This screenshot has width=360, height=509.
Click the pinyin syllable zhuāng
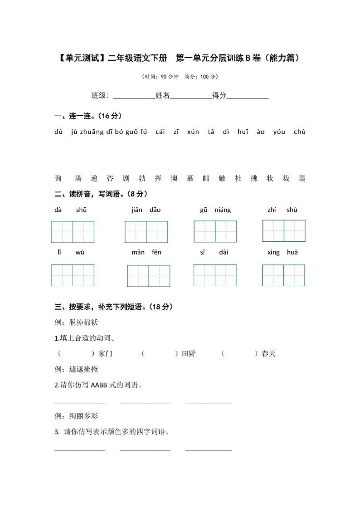(92, 132)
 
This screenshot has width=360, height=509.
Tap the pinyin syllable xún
(193, 132)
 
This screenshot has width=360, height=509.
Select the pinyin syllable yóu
(279, 132)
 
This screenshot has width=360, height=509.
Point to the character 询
(58, 178)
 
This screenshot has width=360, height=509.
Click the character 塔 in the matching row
(78, 178)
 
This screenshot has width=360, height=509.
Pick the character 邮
(206, 178)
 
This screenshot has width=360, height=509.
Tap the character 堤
(302, 178)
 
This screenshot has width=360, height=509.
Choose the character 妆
(270, 178)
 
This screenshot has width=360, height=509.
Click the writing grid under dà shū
(73, 232)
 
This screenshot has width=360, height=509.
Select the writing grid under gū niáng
(215, 231)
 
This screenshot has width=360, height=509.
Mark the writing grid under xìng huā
(283, 275)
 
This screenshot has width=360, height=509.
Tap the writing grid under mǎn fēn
(149, 276)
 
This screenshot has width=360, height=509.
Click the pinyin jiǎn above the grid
(137, 210)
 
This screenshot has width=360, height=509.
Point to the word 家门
(105, 353)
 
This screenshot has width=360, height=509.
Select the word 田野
(189, 353)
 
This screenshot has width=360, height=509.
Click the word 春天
(268, 353)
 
